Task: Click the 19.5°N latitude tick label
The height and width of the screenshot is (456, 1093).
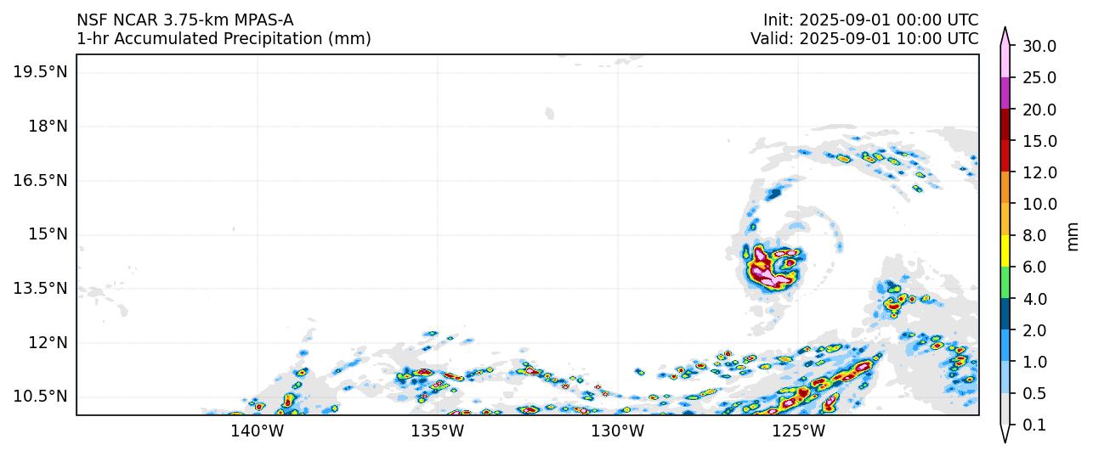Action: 40,72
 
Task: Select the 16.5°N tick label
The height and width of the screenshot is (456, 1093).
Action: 40,180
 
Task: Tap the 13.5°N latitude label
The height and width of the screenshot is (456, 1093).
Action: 40,288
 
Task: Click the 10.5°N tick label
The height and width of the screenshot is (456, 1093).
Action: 40,396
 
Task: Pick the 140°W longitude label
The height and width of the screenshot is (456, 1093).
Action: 258,431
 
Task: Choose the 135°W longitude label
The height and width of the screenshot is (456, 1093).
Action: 439,431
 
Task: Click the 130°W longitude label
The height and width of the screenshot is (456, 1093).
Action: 618,431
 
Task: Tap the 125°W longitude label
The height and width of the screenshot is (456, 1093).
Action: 800,431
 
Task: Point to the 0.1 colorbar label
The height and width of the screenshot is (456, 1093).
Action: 1034,425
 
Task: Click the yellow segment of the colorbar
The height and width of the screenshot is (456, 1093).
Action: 1005,251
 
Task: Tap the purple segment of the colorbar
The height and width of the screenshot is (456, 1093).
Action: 1005,93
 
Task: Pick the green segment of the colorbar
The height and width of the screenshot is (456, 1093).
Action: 1005,283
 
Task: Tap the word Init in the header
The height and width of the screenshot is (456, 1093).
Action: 778,20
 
